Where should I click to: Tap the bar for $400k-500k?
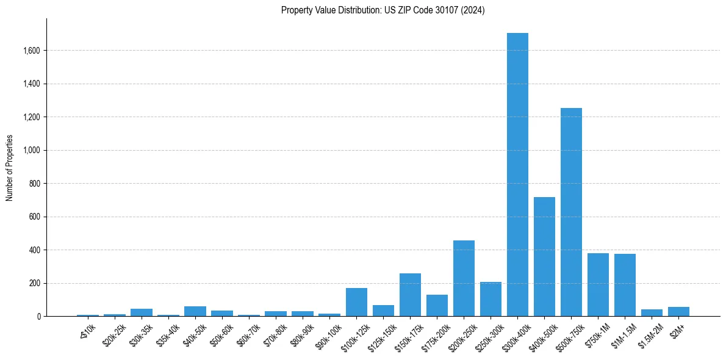tap(544, 257)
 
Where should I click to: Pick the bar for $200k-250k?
tap(464, 278)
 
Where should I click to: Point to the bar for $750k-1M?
tap(598, 285)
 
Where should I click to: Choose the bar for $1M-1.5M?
tap(625, 285)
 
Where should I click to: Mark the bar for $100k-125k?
tap(356, 302)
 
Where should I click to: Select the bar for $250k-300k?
tap(491, 299)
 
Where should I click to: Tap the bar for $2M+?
tap(678, 312)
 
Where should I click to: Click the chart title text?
tap(383, 10)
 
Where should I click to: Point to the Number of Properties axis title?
tap(10, 168)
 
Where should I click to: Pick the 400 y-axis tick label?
tap(34, 250)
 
